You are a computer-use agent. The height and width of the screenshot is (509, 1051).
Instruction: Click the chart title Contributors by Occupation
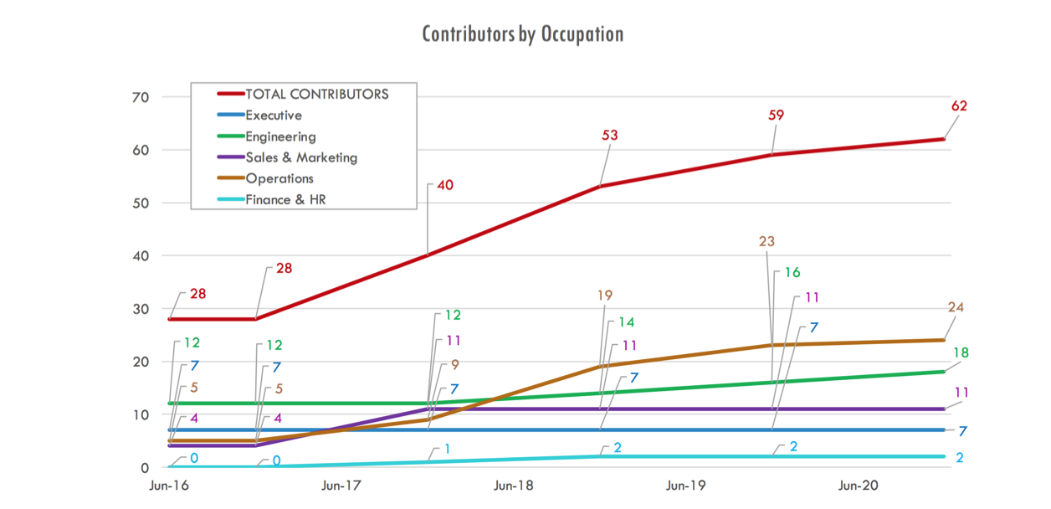[x=522, y=34]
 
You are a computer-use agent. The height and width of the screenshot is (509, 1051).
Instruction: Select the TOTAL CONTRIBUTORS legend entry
[x=316, y=95]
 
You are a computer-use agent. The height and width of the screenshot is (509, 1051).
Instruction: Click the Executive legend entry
[x=273, y=116]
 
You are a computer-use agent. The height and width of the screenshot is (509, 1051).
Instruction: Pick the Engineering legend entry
[x=280, y=136]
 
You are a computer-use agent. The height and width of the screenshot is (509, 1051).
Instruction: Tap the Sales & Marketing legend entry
[x=300, y=157]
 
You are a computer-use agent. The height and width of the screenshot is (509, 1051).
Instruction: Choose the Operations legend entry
[x=279, y=178]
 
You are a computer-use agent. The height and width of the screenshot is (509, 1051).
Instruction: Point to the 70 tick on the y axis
[x=140, y=97]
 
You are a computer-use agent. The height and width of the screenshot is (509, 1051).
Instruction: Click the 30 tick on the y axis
[x=140, y=309]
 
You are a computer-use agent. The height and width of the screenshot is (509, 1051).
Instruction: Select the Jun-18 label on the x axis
[x=514, y=486]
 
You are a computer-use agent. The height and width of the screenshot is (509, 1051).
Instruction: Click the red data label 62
[x=959, y=106]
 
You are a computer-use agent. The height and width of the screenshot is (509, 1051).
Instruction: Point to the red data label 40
[x=444, y=185]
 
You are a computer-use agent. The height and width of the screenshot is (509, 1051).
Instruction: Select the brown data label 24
[x=956, y=307]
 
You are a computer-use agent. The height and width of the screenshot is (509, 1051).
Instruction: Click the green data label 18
[x=961, y=353]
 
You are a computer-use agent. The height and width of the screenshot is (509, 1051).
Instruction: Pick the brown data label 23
[x=766, y=241]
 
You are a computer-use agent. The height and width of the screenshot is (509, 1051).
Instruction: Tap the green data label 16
[x=792, y=273]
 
